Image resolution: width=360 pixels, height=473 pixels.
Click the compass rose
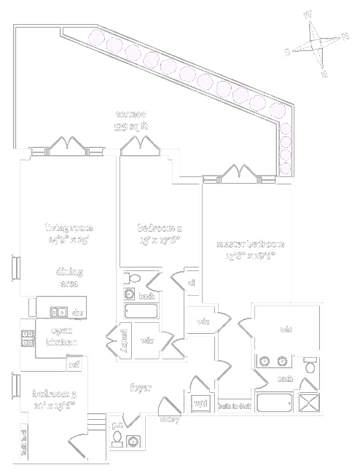coord(316,43)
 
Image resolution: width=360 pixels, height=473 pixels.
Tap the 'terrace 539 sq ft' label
coord(131,120)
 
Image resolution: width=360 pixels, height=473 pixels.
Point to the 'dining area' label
coord(69,278)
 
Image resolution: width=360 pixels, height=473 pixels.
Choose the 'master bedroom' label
coord(249,249)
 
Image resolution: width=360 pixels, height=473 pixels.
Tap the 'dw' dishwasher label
coord(78,312)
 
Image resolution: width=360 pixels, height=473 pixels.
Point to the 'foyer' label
coord(140,388)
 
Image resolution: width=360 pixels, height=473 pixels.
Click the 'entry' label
coord(169,419)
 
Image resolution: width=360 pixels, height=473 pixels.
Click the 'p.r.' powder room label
coord(117,425)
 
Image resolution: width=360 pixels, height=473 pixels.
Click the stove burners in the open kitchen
coord(28,338)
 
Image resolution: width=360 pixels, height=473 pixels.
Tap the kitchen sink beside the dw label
coord(58,312)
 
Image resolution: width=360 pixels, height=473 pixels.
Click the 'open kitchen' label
coord(61,336)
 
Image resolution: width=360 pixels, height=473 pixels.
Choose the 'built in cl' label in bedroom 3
coord(24,440)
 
